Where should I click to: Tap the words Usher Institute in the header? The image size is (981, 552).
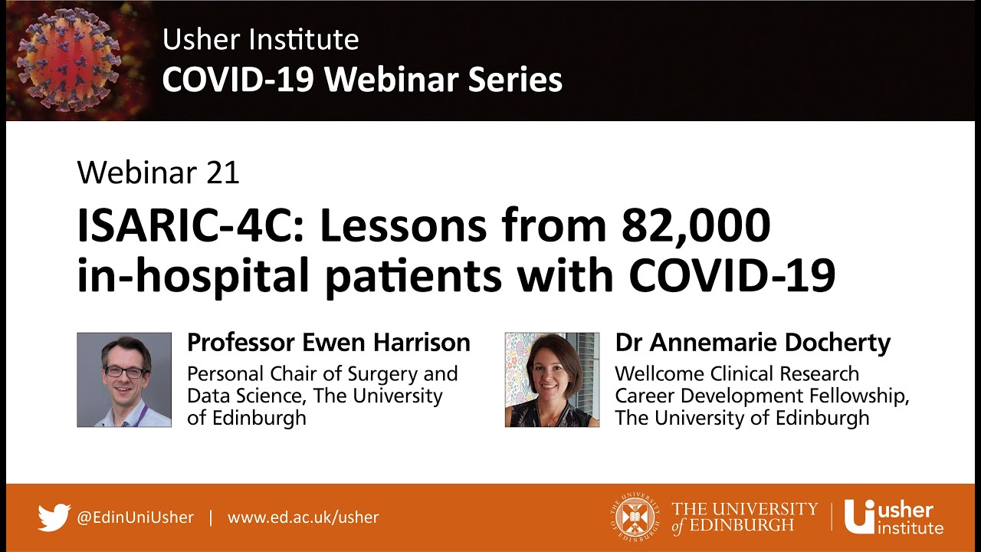point(261,40)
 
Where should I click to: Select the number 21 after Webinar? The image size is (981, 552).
point(223,172)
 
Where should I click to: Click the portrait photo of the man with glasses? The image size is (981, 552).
point(124,379)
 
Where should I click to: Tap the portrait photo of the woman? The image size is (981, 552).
point(552,379)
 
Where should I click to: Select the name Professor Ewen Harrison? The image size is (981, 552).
point(329,343)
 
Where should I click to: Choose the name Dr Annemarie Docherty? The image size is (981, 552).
point(753,343)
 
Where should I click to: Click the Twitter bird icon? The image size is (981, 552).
point(54,517)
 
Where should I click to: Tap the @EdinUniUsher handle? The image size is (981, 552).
point(135,517)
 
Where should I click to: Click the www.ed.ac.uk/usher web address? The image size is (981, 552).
point(303,517)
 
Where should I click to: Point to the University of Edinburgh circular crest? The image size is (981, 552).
point(637,517)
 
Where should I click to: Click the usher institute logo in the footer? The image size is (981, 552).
point(894,517)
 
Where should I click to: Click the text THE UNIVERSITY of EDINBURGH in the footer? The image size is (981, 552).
point(744,517)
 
